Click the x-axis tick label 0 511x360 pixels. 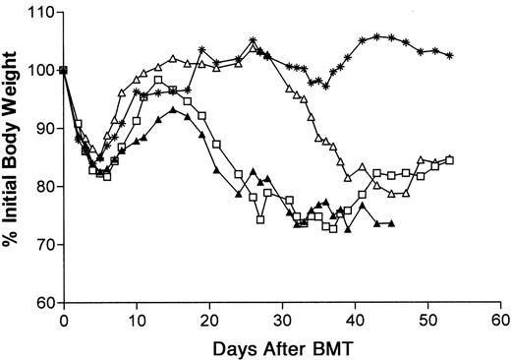pyautogui.click(x=64, y=321)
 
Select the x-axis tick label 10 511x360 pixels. pyautogui.click(x=137, y=321)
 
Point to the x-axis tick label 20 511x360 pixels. pyautogui.click(x=209, y=321)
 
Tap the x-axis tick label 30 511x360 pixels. pyautogui.click(x=283, y=321)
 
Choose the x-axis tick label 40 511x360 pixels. pyautogui.click(x=356, y=321)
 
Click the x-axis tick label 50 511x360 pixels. pyautogui.click(x=428, y=321)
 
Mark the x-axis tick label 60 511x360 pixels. pyautogui.click(x=501, y=321)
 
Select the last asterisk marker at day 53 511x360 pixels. pyautogui.click(x=450, y=56)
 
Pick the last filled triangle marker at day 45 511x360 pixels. pyautogui.click(x=392, y=223)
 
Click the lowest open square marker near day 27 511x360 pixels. pyautogui.click(x=260, y=220)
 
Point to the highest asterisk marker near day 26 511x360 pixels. pyautogui.click(x=254, y=41)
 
